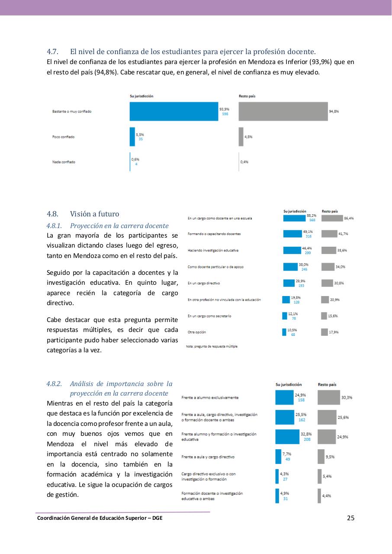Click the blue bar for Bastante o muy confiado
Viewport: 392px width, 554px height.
(x=174, y=111)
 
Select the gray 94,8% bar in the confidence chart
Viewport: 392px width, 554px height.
(x=283, y=111)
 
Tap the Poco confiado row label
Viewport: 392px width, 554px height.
(x=63, y=137)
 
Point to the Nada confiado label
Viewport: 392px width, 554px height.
(x=63, y=162)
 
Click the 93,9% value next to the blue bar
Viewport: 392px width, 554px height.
(x=224, y=109)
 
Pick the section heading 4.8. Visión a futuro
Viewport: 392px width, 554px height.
(x=83, y=214)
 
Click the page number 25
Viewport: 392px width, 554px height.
(x=350, y=518)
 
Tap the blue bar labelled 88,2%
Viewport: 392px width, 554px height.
(x=294, y=218)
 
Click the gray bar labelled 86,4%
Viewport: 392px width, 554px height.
(x=331, y=218)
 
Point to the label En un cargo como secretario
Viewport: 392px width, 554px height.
(x=209, y=316)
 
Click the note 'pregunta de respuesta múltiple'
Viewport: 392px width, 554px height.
(x=212, y=346)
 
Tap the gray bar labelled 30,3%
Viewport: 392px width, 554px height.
(x=328, y=397)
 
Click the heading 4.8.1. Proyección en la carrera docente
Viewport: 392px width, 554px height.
(x=107, y=225)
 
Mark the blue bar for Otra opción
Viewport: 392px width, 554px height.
(x=284, y=332)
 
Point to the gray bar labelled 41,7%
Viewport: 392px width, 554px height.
(x=329, y=234)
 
